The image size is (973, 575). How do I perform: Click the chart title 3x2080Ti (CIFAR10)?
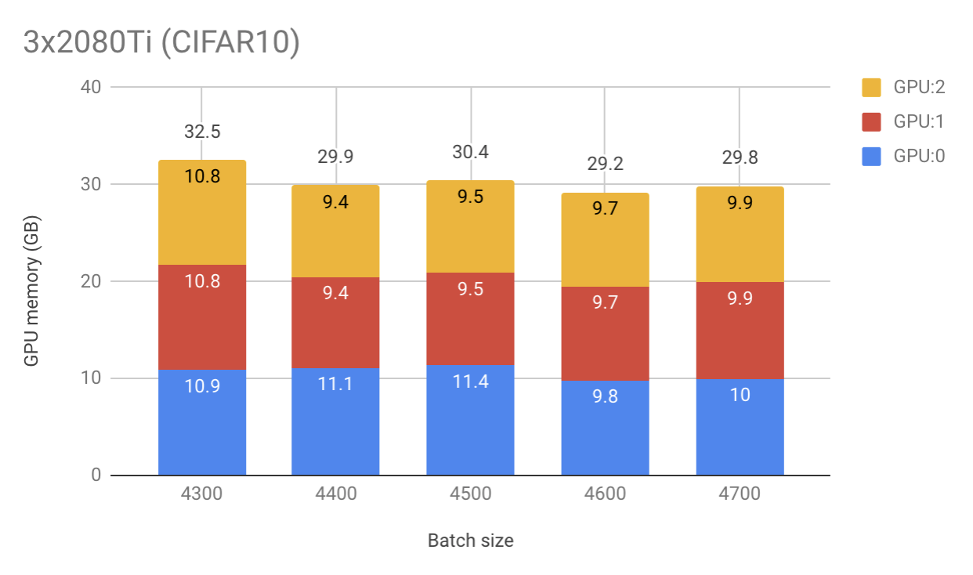(x=161, y=43)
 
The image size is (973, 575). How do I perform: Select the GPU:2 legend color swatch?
(x=873, y=87)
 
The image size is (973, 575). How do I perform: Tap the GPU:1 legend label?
(x=919, y=121)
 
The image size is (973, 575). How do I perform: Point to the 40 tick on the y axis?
(x=91, y=87)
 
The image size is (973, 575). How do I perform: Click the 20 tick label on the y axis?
(x=91, y=281)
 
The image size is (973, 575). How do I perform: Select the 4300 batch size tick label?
(x=202, y=494)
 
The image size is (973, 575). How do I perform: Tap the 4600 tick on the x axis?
(x=605, y=494)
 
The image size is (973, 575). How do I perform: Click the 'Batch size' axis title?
(x=471, y=541)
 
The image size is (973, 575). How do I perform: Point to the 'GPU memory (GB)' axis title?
(x=31, y=281)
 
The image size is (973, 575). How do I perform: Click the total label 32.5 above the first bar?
(x=202, y=132)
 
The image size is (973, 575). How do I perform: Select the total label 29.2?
(x=605, y=165)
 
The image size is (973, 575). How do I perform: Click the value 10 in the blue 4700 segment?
(x=740, y=394)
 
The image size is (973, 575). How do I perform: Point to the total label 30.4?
(x=471, y=152)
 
